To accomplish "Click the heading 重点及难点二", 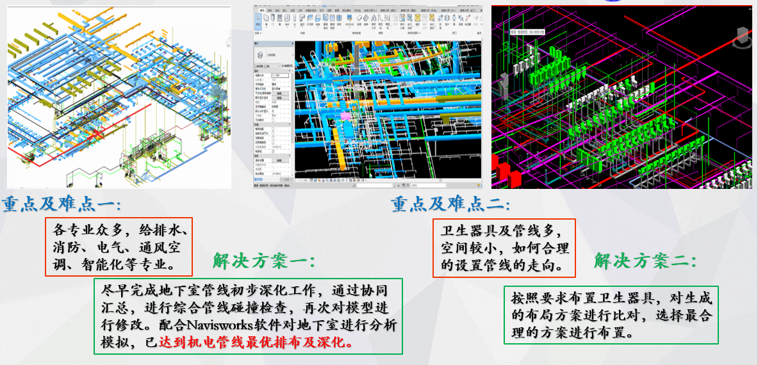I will (x=450, y=205).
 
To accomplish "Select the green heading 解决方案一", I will (x=264, y=261).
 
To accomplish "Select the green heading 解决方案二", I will (x=645, y=261).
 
